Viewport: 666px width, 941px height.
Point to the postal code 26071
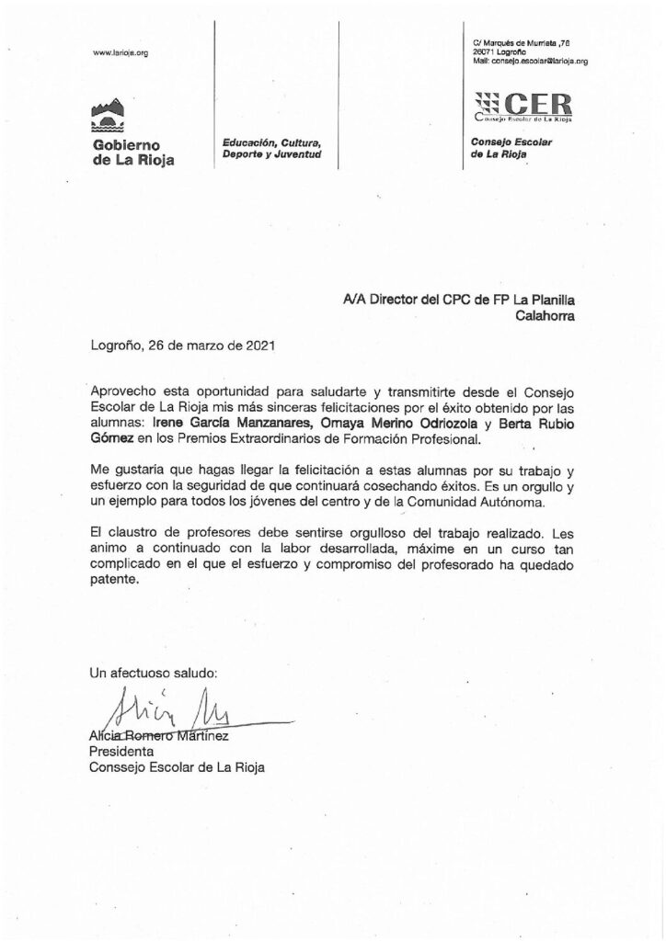click(481, 52)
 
